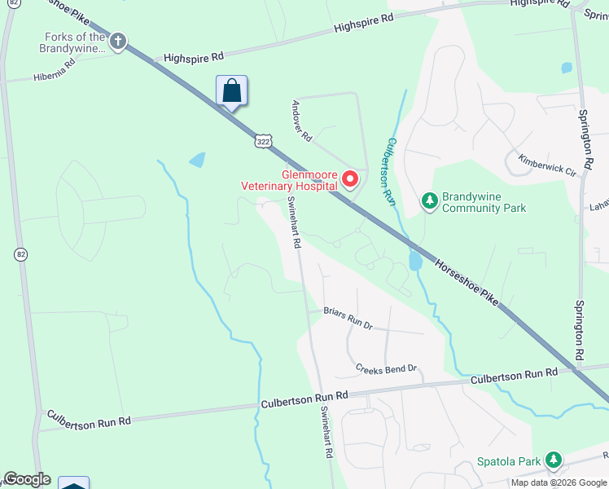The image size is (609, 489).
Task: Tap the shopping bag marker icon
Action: (x=231, y=90)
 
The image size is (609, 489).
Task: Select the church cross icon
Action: (x=118, y=42)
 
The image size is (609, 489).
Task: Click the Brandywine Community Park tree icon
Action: (x=430, y=200)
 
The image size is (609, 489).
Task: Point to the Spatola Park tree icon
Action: (x=554, y=460)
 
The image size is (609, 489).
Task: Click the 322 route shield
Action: (x=262, y=142)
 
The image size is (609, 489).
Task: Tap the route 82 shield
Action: (x=20, y=254)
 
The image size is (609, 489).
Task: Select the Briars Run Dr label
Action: (x=348, y=318)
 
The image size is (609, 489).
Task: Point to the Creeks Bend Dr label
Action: (x=386, y=369)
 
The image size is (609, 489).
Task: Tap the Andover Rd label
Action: (x=301, y=120)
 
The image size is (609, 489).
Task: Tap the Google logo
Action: (x=27, y=479)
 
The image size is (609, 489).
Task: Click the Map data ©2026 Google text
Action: (x=559, y=482)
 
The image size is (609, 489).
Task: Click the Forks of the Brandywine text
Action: (x=75, y=42)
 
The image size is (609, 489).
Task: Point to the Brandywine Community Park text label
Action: (x=484, y=202)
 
